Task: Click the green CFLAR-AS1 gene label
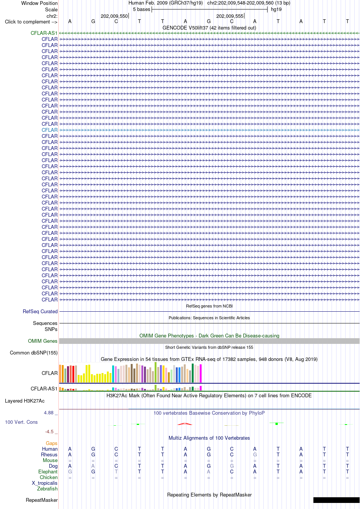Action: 44,33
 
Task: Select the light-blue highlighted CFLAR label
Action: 50,130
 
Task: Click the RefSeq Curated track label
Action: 40,312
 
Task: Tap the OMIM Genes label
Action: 42,341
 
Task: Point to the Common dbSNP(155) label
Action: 34,353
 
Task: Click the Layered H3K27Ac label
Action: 25,401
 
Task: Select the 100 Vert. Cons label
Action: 21,422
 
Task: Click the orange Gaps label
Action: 52,443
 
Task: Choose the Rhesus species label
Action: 49,455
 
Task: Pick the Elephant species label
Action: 48,472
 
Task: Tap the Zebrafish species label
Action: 47,489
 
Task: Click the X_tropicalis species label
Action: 45,483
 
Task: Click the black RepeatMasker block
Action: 337,500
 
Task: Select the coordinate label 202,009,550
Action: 114,16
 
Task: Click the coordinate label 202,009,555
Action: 230,16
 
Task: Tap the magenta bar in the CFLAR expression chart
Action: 201,373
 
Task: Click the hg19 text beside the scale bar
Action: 276,9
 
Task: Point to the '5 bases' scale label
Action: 141,9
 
